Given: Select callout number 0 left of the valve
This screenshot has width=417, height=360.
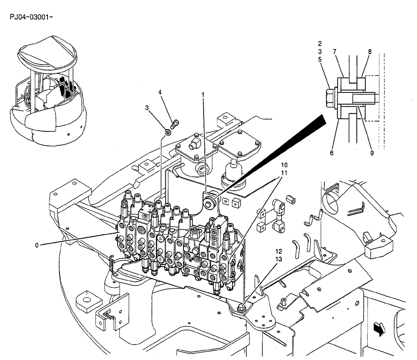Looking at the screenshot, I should tap(37, 245).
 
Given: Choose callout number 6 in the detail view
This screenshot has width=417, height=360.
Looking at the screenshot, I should tap(332, 153).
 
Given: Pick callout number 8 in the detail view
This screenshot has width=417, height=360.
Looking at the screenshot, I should tap(369, 52).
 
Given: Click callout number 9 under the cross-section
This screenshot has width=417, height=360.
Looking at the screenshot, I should tap(371, 153).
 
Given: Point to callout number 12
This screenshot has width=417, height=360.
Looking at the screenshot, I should tap(278, 252).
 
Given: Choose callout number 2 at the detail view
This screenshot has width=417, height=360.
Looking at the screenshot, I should tap(319, 43).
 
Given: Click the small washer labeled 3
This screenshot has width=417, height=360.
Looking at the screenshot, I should tap(168, 132).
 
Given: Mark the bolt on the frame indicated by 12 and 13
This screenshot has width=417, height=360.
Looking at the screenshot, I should tap(241, 307).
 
